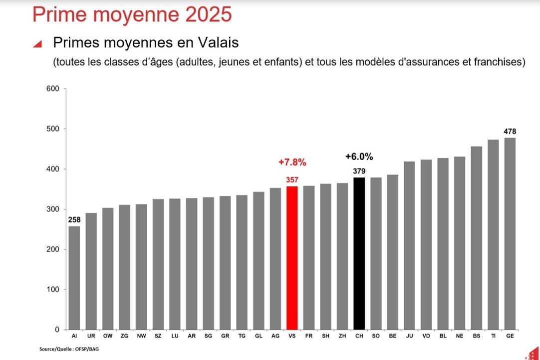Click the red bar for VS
coord(292,257)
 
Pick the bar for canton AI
coord(74,277)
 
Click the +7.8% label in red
coord(292,162)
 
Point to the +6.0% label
coord(359,156)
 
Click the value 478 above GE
coord(510,131)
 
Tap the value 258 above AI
coord(74,220)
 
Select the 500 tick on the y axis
coord(53,129)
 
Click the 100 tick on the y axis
coord(53,289)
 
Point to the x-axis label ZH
coord(342,336)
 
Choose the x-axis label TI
coord(493,336)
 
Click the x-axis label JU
coord(409,336)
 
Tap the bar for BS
coord(476,238)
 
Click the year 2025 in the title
coord(208,14)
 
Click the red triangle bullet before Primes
coord(37,44)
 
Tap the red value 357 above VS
coord(292,180)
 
